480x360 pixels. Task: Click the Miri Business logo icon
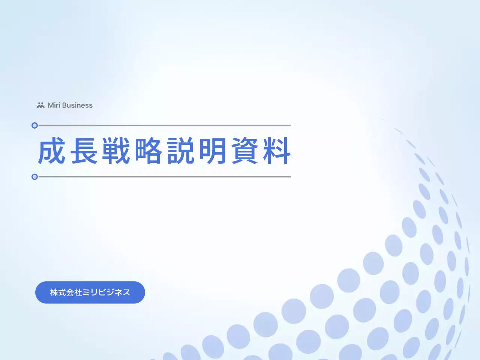click(x=40, y=105)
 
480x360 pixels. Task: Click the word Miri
click(x=54, y=105)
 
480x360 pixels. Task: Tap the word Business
click(x=77, y=105)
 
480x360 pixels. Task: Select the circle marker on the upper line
click(x=34, y=126)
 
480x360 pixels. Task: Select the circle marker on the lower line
click(x=34, y=177)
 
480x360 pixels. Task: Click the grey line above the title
click(x=165, y=126)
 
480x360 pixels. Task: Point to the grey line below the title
click(x=165, y=177)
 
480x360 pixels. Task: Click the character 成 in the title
click(x=52, y=151)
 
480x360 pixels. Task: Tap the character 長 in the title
click(x=84, y=151)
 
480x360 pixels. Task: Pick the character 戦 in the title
click(x=116, y=151)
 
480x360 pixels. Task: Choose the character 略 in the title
click(x=148, y=151)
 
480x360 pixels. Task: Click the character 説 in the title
click(x=181, y=151)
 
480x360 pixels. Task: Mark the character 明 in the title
click(x=213, y=151)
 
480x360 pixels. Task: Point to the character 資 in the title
click(x=245, y=151)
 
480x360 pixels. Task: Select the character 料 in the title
click(x=277, y=151)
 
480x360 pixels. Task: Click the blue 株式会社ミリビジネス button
click(x=90, y=292)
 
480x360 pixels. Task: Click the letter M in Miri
click(x=51, y=105)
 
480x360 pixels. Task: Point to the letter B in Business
click(x=64, y=105)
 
